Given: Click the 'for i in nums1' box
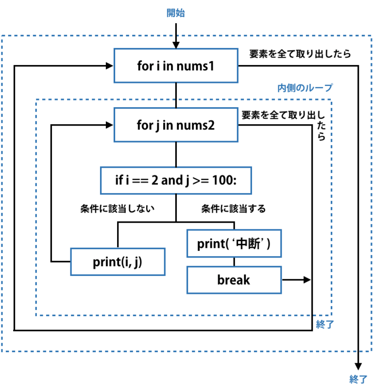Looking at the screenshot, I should pyautogui.click(x=175, y=65).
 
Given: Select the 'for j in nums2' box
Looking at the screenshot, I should pyautogui.click(x=175, y=125).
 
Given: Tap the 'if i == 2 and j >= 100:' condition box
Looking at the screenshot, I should pyautogui.click(x=175, y=181).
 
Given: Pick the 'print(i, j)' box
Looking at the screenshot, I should pyautogui.click(x=118, y=262).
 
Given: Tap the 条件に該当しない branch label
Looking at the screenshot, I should pyautogui.click(x=117, y=209).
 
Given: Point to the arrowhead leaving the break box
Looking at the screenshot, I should pyautogui.click(x=306, y=280).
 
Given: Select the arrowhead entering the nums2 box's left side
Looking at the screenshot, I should pyautogui.click(x=109, y=125).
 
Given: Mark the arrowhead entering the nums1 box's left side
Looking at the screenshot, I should pyautogui.click(x=109, y=65).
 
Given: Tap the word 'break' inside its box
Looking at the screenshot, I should pyautogui.click(x=234, y=280).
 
